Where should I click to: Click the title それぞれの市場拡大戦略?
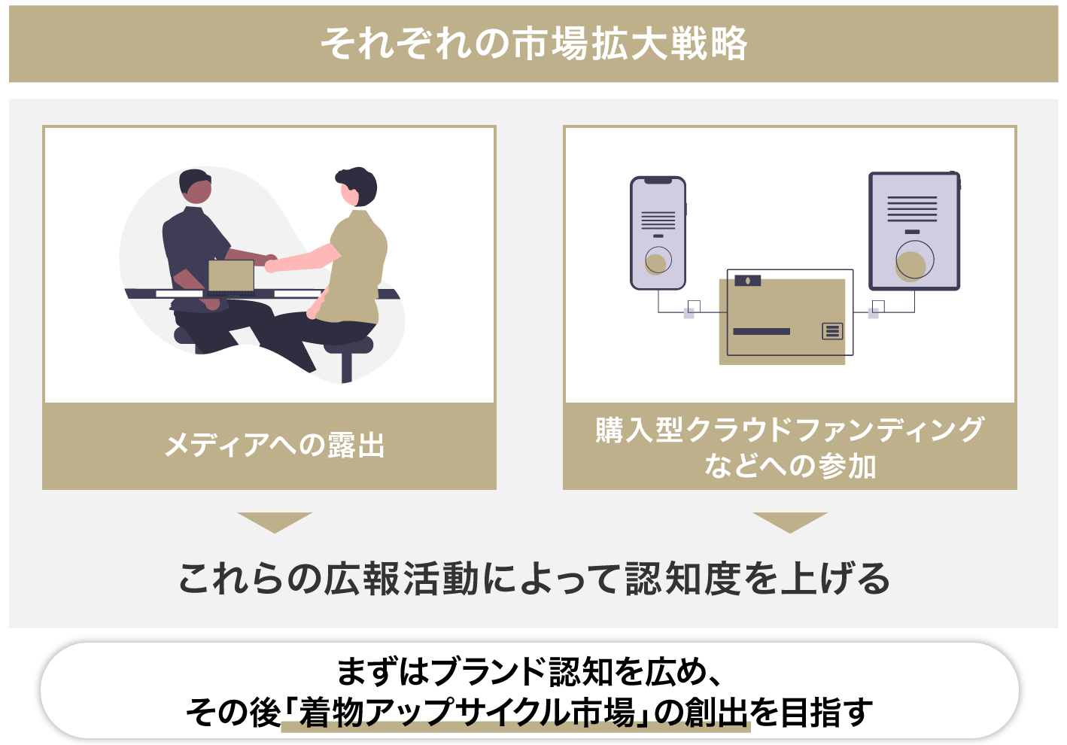(x=534, y=44)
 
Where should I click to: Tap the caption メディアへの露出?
(x=275, y=445)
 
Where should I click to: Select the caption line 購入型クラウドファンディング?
(x=789, y=430)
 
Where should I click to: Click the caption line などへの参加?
(x=790, y=466)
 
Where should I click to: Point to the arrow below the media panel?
(x=275, y=522)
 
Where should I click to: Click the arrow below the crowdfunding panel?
(x=790, y=522)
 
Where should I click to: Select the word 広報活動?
(x=401, y=579)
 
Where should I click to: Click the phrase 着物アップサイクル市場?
(x=467, y=713)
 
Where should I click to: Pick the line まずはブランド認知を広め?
(x=529, y=672)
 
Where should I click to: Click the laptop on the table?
(x=232, y=277)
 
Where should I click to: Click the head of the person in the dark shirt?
(x=196, y=186)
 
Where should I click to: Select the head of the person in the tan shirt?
(x=357, y=187)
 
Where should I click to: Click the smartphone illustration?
(x=658, y=233)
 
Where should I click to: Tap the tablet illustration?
(x=914, y=230)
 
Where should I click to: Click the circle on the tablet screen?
(x=914, y=260)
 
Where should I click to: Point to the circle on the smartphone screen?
(x=658, y=260)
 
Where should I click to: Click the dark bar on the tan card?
(x=761, y=332)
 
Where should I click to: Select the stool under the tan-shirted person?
(x=348, y=355)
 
